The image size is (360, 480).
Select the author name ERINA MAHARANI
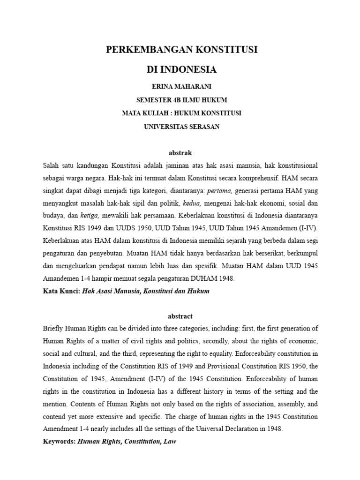[180, 87]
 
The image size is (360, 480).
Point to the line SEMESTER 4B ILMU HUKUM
[180, 100]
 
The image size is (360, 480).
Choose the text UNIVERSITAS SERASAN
[180, 127]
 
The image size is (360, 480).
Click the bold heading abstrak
[180, 153]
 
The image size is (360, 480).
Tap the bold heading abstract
[180, 316]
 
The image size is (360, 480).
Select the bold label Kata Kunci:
[61, 291]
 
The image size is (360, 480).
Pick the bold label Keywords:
[59, 441]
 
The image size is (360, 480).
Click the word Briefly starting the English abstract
[54, 329]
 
